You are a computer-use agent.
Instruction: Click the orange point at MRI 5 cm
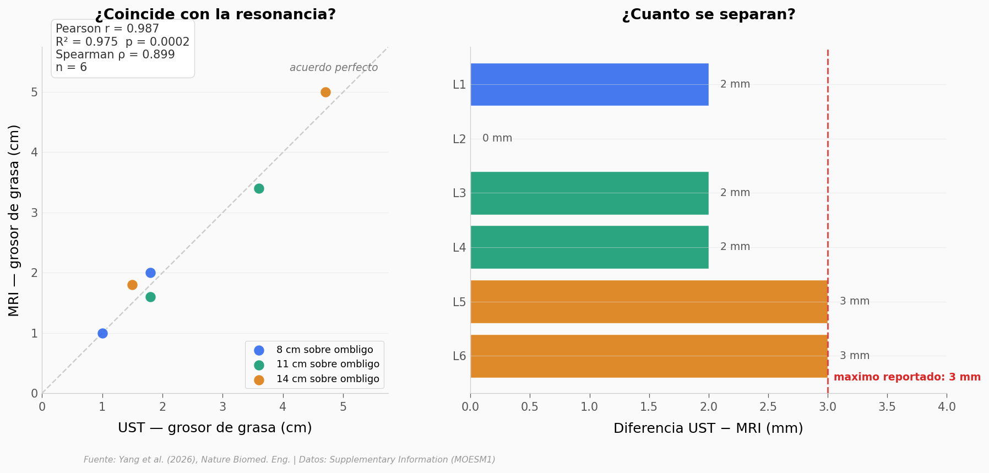coord(325,92)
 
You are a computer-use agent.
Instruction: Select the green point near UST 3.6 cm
coord(259,188)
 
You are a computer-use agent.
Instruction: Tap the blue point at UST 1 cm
coord(102,333)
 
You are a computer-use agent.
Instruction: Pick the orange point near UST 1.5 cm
coord(132,285)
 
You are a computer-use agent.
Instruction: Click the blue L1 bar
coord(589,84)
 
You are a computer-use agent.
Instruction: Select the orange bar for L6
coord(649,356)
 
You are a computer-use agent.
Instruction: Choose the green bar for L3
coord(589,193)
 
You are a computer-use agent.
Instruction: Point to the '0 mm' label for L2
coord(497,138)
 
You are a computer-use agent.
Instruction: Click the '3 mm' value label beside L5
coord(855,301)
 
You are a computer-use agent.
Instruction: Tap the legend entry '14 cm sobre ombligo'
coord(328,379)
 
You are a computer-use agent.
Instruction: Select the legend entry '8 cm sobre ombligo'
coord(324,350)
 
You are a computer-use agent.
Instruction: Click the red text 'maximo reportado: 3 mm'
coord(907,377)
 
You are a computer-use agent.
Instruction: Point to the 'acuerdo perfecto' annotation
coord(334,68)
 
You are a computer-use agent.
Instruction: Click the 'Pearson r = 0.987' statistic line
coord(107,29)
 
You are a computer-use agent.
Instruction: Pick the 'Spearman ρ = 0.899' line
coord(115,55)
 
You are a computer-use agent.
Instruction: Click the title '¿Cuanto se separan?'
coord(709,15)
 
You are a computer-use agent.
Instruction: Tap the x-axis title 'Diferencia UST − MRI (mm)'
coord(708,428)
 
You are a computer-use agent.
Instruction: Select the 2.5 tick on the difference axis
coord(768,407)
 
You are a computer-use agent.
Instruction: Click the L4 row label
coord(459,247)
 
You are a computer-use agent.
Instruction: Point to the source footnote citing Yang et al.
coord(290,460)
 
